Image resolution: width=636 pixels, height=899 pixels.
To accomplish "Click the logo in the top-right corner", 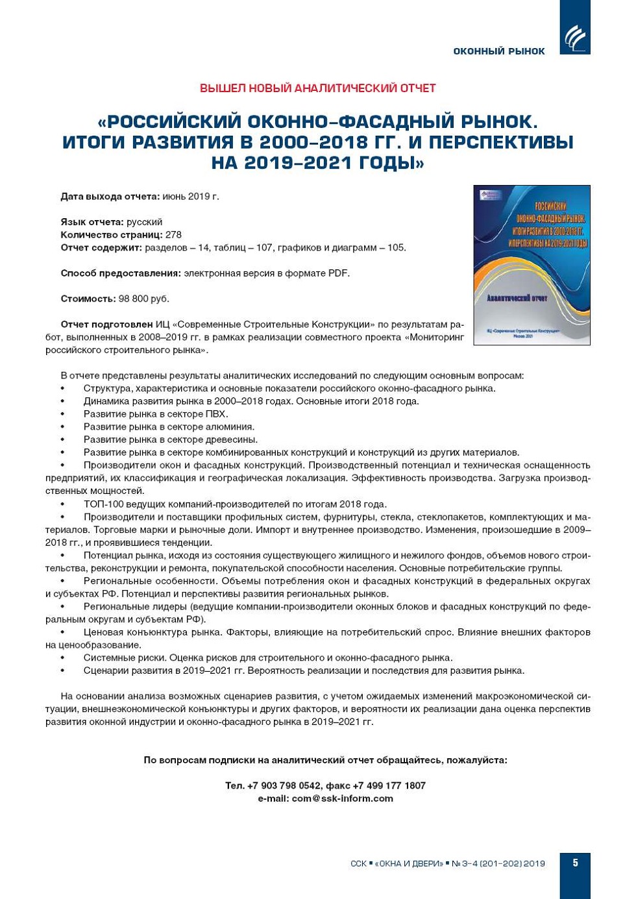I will pos(574,37).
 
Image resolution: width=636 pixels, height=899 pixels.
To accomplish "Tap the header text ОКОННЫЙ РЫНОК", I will pos(498,51).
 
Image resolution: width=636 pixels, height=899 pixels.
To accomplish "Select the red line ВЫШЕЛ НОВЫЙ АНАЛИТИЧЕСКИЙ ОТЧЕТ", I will pos(317,88).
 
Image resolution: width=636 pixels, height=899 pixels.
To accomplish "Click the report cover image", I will pos(532,265).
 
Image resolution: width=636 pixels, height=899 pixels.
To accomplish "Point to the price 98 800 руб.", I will pos(143,299).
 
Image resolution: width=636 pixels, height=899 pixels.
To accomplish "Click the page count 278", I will pos(173,235).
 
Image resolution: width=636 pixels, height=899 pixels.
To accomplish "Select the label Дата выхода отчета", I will pos(110,196).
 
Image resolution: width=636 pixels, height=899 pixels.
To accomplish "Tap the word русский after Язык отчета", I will pos(144,222).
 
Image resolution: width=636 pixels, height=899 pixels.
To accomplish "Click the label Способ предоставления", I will pos(120,273).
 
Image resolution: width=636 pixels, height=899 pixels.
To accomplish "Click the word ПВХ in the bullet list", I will pos(216,414).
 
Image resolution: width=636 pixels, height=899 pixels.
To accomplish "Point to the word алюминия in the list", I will pos(230,427).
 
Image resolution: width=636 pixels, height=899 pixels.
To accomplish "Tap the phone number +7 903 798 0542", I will pos(284,785).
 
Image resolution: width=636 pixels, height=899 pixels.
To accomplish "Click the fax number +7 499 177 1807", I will pos(389,785).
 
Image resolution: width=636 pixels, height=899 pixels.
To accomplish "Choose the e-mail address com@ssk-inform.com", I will pos(342,798).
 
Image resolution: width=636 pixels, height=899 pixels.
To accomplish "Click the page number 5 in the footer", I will pos(575,863).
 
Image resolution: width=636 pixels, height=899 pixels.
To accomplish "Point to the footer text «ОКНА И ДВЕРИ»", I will pos(409,864).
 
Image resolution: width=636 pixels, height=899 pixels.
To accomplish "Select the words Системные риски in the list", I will pos(121,658).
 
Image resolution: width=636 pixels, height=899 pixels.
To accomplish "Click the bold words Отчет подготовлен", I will pos(106,325).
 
